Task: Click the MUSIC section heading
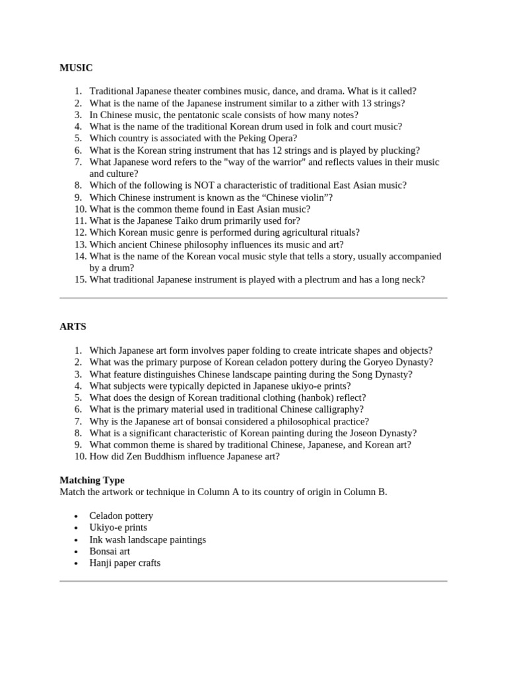[76, 67]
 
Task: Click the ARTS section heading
[73, 327]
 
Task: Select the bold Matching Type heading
[92, 480]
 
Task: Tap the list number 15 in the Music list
[79, 280]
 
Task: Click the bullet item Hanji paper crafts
[125, 563]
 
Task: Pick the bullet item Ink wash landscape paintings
[148, 539]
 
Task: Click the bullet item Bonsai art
[110, 551]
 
